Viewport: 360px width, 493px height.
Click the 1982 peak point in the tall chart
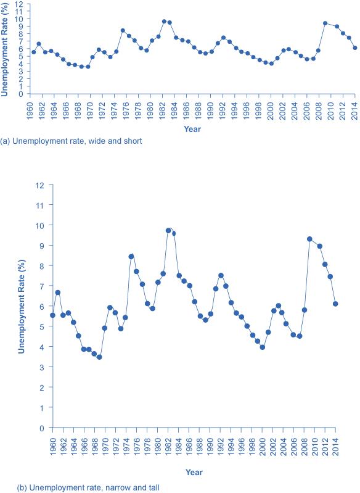pyautogui.click(x=168, y=231)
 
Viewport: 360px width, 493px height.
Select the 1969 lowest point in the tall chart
pyautogui.click(x=99, y=357)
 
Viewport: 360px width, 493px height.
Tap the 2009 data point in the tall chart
pyautogui.click(x=309, y=239)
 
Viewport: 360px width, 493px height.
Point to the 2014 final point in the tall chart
pyautogui.click(x=335, y=304)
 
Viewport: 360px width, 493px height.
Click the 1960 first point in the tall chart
pyautogui.click(x=52, y=315)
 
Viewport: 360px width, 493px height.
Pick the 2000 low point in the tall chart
pyautogui.click(x=263, y=347)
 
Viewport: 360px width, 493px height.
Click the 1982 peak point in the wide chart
pyautogui.click(x=164, y=22)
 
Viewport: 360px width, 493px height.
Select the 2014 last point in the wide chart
pyautogui.click(x=355, y=48)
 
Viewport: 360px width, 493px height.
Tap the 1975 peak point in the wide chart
pyautogui.click(x=123, y=30)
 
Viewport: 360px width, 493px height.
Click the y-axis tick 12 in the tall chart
pyautogui.click(x=41, y=184)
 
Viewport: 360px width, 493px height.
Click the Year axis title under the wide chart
pyautogui.click(x=192, y=129)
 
